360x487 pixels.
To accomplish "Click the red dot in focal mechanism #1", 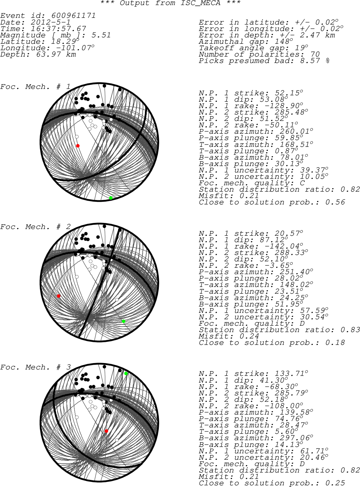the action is pos(78,146).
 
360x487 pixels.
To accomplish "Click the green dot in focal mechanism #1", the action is pos(111,198).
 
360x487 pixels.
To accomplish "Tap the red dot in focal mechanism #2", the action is pos(59,296).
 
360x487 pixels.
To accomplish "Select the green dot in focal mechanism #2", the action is pos(123,321).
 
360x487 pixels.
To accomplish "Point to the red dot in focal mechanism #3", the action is pos(106,431).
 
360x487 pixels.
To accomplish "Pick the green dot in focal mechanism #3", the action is pos(126,374).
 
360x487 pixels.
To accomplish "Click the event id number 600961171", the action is pos(73,15).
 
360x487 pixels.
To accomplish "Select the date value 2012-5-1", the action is pos(50,22).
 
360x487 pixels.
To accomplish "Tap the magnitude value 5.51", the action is pos(101,35).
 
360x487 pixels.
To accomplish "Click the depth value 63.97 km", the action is pos(56,54).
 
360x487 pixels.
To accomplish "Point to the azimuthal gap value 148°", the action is pos(284,41).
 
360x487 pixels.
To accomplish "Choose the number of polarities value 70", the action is pos(315,54).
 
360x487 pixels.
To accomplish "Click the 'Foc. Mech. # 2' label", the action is pos(35,227).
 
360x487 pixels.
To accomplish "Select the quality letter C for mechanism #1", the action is pos(302,183).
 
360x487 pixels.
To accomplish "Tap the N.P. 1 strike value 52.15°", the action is pos(289,93).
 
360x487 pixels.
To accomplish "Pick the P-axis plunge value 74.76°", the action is pos(289,419).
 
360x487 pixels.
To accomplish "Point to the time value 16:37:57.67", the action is pos(58,29).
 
